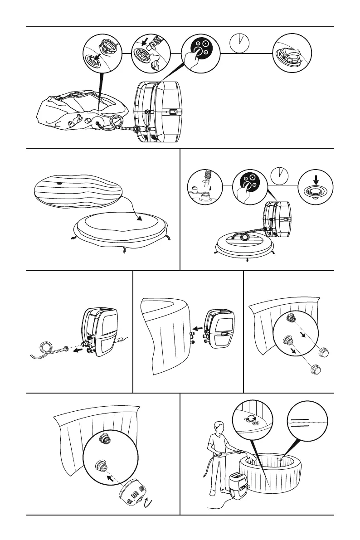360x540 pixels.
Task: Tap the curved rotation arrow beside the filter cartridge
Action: pos(147,502)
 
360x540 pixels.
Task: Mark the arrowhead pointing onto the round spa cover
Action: pos(139,218)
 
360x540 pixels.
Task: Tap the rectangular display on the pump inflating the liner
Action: pos(173,112)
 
